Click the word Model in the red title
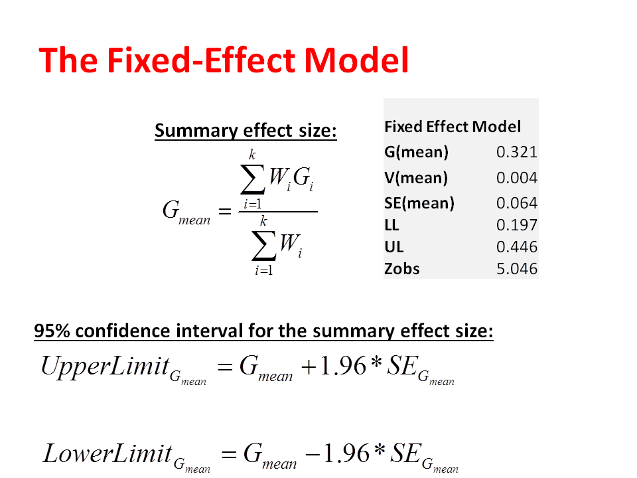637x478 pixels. tap(356, 60)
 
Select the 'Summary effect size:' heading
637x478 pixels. tap(246, 131)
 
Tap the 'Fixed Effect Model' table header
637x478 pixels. tap(453, 127)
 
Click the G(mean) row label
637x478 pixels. tap(417, 152)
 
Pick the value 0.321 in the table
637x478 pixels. tap(517, 152)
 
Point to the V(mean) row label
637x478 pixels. tap(416, 178)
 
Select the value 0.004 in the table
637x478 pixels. tap(517, 178)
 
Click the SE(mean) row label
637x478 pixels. tap(419, 203)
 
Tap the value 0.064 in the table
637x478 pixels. tap(517, 203)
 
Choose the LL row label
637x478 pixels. tap(391, 225)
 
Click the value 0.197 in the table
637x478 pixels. tap(517, 225)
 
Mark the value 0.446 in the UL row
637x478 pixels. tap(517, 247)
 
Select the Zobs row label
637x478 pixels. tap(402, 269)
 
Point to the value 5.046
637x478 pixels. tap(517, 269)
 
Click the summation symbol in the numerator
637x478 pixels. tap(253, 179)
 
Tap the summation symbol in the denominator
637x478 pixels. tap(264, 245)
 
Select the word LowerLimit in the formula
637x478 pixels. tap(107, 453)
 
